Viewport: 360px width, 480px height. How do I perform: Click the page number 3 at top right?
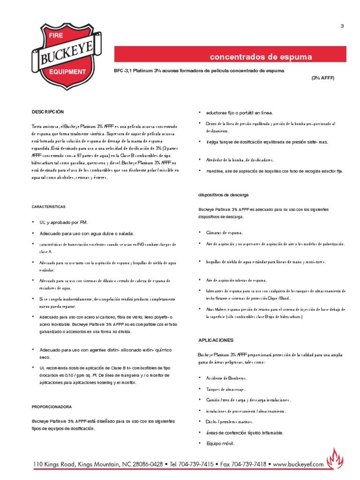(x=342, y=26)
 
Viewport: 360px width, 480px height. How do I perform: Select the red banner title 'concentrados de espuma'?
(x=261, y=58)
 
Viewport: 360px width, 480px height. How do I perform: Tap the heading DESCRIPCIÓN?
(x=47, y=112)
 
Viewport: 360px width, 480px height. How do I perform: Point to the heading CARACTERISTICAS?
(x=49, y=206)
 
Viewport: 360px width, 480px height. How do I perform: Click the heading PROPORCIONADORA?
(x=52, y=406)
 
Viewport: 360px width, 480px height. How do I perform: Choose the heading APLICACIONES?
(x=216, y=340)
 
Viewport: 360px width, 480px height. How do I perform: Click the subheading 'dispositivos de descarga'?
(x=223, y=194)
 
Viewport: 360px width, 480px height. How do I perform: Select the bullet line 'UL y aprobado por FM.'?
(x=64, y=222)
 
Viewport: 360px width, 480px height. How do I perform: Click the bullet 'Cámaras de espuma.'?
(x=225, y=232)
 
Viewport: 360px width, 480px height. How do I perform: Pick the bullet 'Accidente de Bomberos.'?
(x=226, y=378)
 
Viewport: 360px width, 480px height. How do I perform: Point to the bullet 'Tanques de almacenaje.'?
(x=225, y=389)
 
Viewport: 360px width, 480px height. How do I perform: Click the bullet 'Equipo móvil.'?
(x=220, y=443)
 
